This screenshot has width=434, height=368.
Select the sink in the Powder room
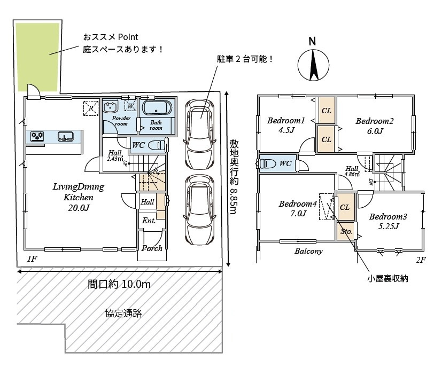pyautogui.click(x=112, y=106)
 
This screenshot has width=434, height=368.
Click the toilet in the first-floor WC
pyautogui.click(x=155, y=145)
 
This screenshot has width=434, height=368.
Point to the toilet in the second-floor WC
pyautogui.click(x=270, y=164)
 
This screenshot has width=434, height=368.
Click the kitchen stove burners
pyautogui.click(x=37, y=136)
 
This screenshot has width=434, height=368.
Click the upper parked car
pyautogui.click(x=200, y=132)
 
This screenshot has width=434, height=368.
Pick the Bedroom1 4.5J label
pyautogui.click(x=286, y=126)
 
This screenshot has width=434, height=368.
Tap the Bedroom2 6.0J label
pyautogui.click(x=375, y=126)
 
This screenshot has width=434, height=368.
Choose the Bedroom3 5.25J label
pyautogui.click(x=388, y=221)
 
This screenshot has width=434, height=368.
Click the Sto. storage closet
pyautogui.click(x=346, y=232)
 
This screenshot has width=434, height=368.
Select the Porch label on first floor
pyautogui.click(x=152, y=248)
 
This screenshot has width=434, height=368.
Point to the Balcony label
pyautogui.click(x=308, y=251)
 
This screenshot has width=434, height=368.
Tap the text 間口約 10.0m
pyautogui.click(x=119, y=285)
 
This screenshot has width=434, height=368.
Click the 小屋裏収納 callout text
pyautogui.click(x=387, y=279)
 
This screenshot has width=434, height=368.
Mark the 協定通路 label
pyautogui.click(x=123, y=314)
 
